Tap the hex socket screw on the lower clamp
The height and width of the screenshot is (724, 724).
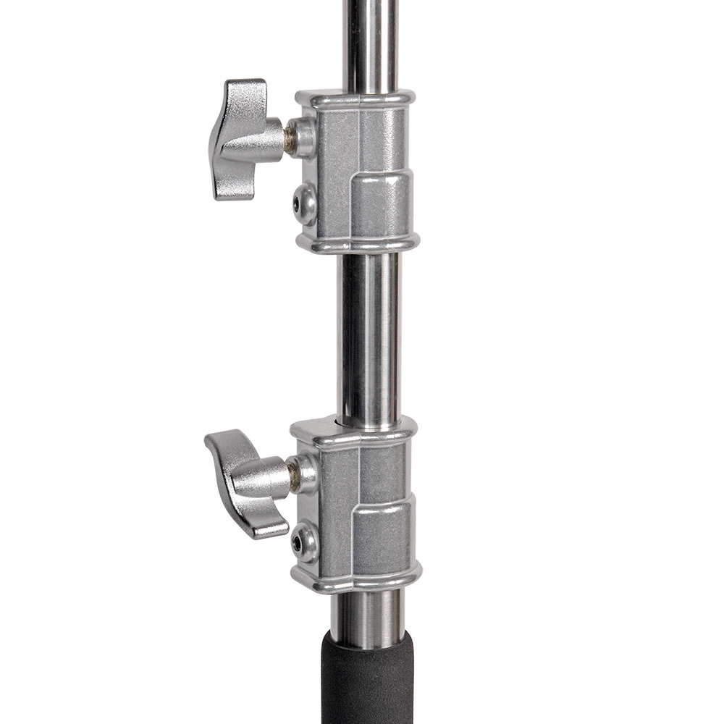click(x=304, y=540)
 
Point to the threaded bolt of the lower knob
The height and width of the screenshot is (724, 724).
click(x=292, y=476)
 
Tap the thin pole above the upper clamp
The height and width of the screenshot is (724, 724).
click(x=371, y=43)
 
